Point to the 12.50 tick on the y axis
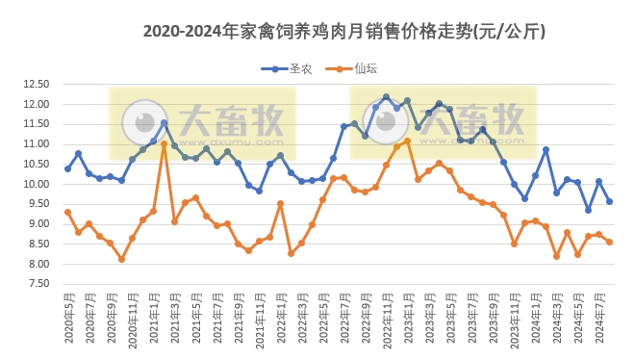[x=37, y=84]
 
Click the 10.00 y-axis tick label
[x=37, y=184]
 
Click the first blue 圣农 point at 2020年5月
[x=67, y=168]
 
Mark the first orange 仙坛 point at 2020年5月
[x=67, y=212]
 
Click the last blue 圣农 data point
[x=610, y=201]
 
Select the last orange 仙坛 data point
[x=610, y=242]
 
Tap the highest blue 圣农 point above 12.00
[x=386, y=97]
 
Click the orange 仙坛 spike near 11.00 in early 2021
[x=164, y=144]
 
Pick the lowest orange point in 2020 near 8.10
[x=121, y=259]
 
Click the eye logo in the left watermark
[x=146, y=121]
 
